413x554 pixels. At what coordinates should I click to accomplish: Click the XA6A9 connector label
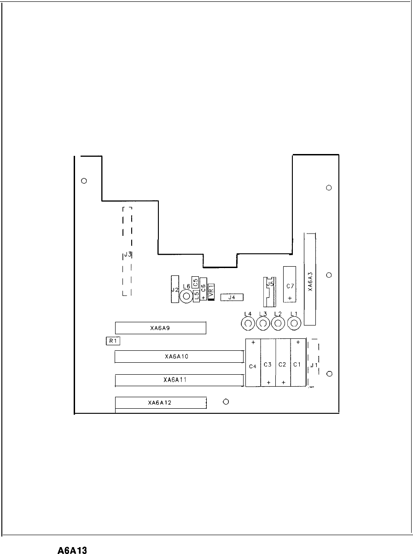[x=160, y=328]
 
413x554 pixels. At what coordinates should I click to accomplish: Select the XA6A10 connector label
[x=176, y=356]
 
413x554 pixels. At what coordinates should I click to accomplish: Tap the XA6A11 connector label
[x=175, y=380]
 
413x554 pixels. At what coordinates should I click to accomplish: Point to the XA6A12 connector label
[x=160, y=403]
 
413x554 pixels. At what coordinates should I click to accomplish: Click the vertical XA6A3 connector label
[x=310, y=281]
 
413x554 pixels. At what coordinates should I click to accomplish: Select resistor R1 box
[x=113, y=341]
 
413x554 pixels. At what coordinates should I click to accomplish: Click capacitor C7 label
[x=290, y=286]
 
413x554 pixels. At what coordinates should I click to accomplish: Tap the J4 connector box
[x=232, y=297]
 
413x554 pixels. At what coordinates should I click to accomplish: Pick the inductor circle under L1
[x=294, y=323]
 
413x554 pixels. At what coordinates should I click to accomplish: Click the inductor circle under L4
[x=248, y=324]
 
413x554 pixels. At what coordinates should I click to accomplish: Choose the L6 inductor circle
[x=186, y=297]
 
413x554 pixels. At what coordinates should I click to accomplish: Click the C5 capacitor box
[x=195, y=282]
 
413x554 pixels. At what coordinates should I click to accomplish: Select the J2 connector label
[x=175, y=290]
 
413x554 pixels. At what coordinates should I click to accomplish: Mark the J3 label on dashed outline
[x=128, y=254]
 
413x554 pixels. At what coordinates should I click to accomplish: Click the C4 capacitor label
[x=253, y=366]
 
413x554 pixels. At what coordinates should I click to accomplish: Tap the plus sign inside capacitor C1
[x=298, y=342]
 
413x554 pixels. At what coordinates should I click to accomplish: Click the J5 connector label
[x=270, y=284]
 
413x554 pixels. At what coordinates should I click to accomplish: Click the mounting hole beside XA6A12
[x=226, y=402]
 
